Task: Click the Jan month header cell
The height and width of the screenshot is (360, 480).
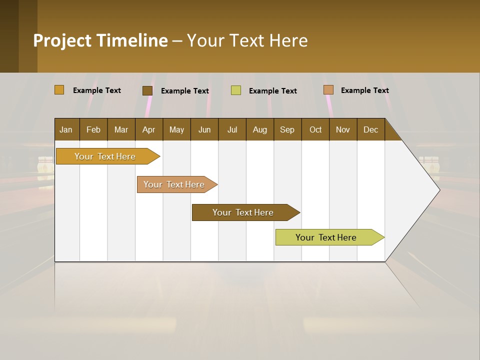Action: (x=66, y=129)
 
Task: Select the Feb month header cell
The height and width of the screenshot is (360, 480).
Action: (x=93, y=129)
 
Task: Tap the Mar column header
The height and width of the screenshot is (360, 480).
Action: (x=121, y=129)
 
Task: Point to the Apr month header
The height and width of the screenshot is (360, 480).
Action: (x=148, y=129)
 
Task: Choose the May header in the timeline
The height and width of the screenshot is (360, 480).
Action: (x=176, y=129)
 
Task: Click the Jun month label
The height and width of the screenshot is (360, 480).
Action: (x=204, y=129)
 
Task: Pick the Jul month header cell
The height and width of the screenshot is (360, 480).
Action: (x=232, y=129)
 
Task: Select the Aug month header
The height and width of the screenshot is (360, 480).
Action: (x=260, y=129)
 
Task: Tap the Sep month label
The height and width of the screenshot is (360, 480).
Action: (x=287, y=129)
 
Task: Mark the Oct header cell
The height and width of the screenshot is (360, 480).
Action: (x=315, y=129)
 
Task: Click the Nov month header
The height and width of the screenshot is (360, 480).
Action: (x=343, y=129)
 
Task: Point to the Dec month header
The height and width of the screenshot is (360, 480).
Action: (x=371, y=129)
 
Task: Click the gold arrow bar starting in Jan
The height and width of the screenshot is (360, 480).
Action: (x=105, y=156)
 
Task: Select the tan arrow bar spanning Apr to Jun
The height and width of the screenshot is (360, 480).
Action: (x=174, y=184)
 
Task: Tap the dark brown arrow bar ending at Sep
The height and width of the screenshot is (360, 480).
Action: (x=243, y=212)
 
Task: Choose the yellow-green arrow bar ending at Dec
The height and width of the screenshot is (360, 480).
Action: (x=326, y=237)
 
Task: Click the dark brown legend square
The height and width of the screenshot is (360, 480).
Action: (x=147, y=90)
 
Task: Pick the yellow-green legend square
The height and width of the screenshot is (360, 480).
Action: (x=236, y=90)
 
